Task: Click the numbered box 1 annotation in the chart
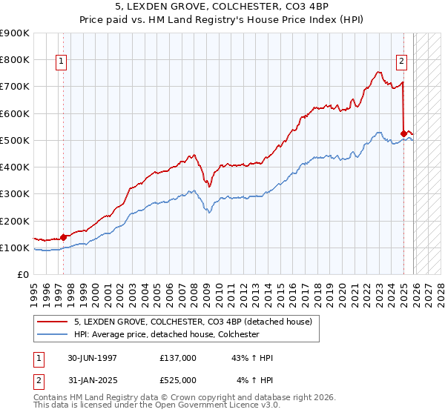(60, 62)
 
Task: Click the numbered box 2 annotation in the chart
(400, 62)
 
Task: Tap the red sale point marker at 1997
(63, 237)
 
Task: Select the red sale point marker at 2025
(403, 134)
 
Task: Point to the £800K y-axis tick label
(14, 59)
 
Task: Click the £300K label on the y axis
(14, 194)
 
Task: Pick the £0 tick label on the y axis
(22, 275)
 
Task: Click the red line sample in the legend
(53, 322)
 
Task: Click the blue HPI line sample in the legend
(53, 334)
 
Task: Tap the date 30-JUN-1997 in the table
(92, 358)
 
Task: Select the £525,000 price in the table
(178, 381)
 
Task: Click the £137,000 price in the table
(178, 358)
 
